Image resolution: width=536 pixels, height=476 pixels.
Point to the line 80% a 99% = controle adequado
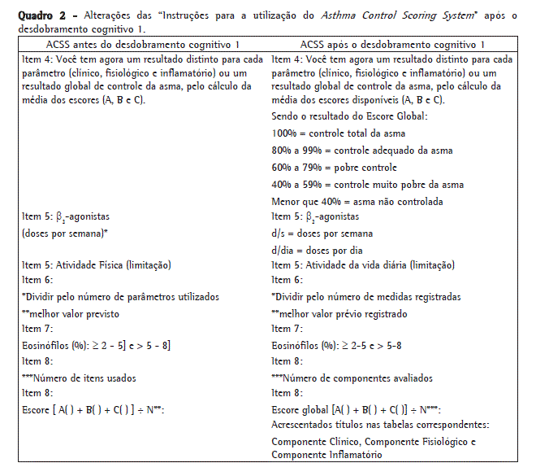(362, 150)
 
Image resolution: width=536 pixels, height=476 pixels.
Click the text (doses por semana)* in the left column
(65, 234)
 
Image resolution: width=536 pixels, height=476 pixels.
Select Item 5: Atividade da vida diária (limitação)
(363, 265)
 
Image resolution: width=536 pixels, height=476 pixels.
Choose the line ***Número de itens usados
(79, 377)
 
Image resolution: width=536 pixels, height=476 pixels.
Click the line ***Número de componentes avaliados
(352, 377)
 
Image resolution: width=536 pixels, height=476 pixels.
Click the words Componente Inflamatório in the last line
(326, 456)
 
